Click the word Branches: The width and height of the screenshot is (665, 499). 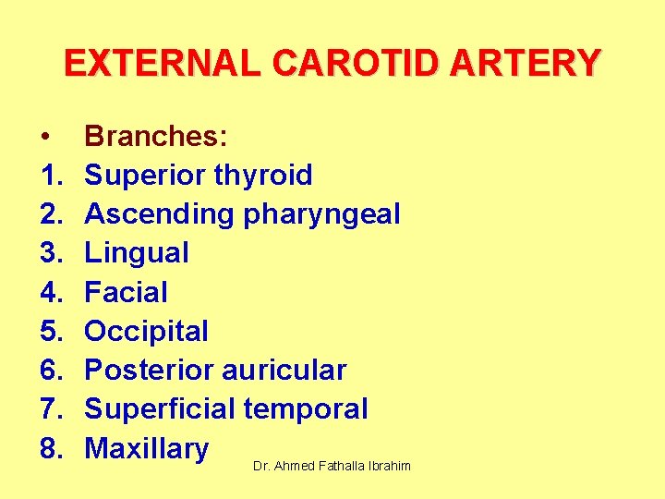[156, 136]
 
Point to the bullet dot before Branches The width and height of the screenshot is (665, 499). [45, 137]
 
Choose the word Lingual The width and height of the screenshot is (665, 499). [137, 253]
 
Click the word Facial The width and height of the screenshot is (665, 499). [126, 293]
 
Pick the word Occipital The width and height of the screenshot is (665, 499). [146, 332]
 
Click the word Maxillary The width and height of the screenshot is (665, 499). [147, 449]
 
